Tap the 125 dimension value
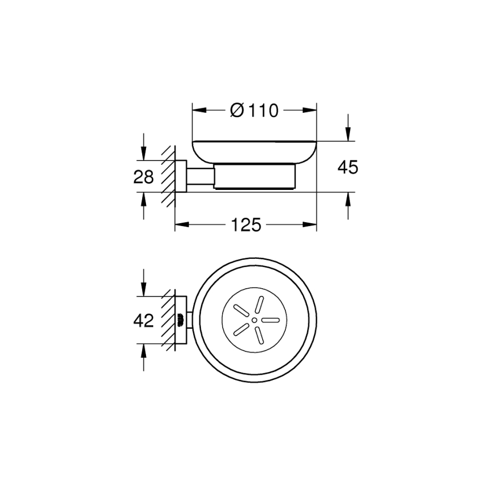coord(246,225)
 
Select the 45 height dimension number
coord(348,167)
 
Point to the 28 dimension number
coord(143,177)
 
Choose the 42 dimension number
coord(143,321)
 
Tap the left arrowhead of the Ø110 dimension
coord(198,111)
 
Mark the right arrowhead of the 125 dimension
coord(311,225)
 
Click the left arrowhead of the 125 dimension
coord(181,225)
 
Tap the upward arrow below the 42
coord(144,349)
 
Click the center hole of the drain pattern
coord(254,320)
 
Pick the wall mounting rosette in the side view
coord(180,176)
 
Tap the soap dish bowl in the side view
coord(254,152)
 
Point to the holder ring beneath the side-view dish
coord(254,177)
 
